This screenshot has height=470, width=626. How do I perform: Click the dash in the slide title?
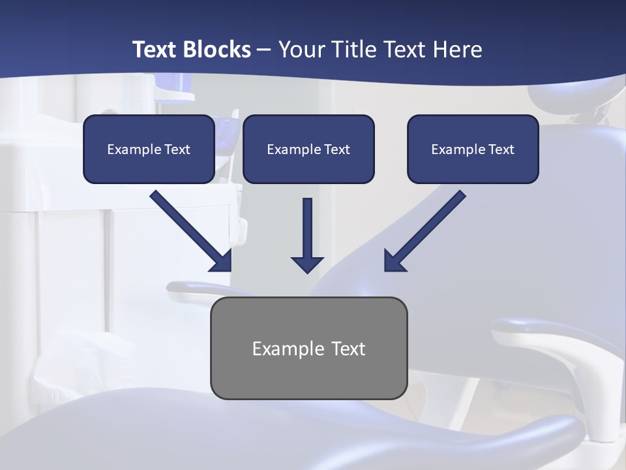click(264, 50)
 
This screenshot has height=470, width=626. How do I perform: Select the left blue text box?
click(149, 149)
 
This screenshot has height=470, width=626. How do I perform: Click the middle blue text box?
click(308, 149)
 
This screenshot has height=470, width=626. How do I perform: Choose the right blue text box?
click(473, 149)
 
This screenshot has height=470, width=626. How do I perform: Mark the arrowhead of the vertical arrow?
click(308, 264)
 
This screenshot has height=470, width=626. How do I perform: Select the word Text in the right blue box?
click(501, 149)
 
